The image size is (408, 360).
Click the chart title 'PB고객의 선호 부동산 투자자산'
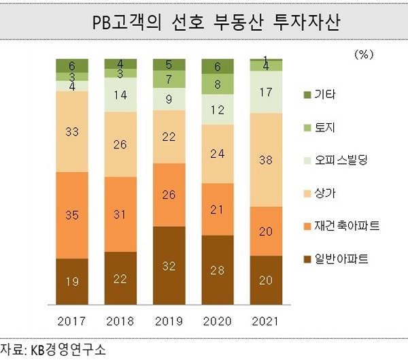click(x=203, y=22)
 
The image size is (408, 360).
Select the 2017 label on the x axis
click(x=72, y=320)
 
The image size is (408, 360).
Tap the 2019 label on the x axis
click(x=169, y=320)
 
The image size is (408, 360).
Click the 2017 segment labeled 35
click(x=72, y=215)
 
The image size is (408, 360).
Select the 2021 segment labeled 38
click(x=267, y=160)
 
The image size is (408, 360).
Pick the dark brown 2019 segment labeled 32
click(x=169, y=266)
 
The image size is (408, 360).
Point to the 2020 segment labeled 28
click(x=218, y=271)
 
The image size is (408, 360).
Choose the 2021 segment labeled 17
click(x=267, y=92)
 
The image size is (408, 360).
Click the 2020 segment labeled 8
click(x=218, y=84)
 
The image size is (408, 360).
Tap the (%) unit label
click(x=365, y=52)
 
